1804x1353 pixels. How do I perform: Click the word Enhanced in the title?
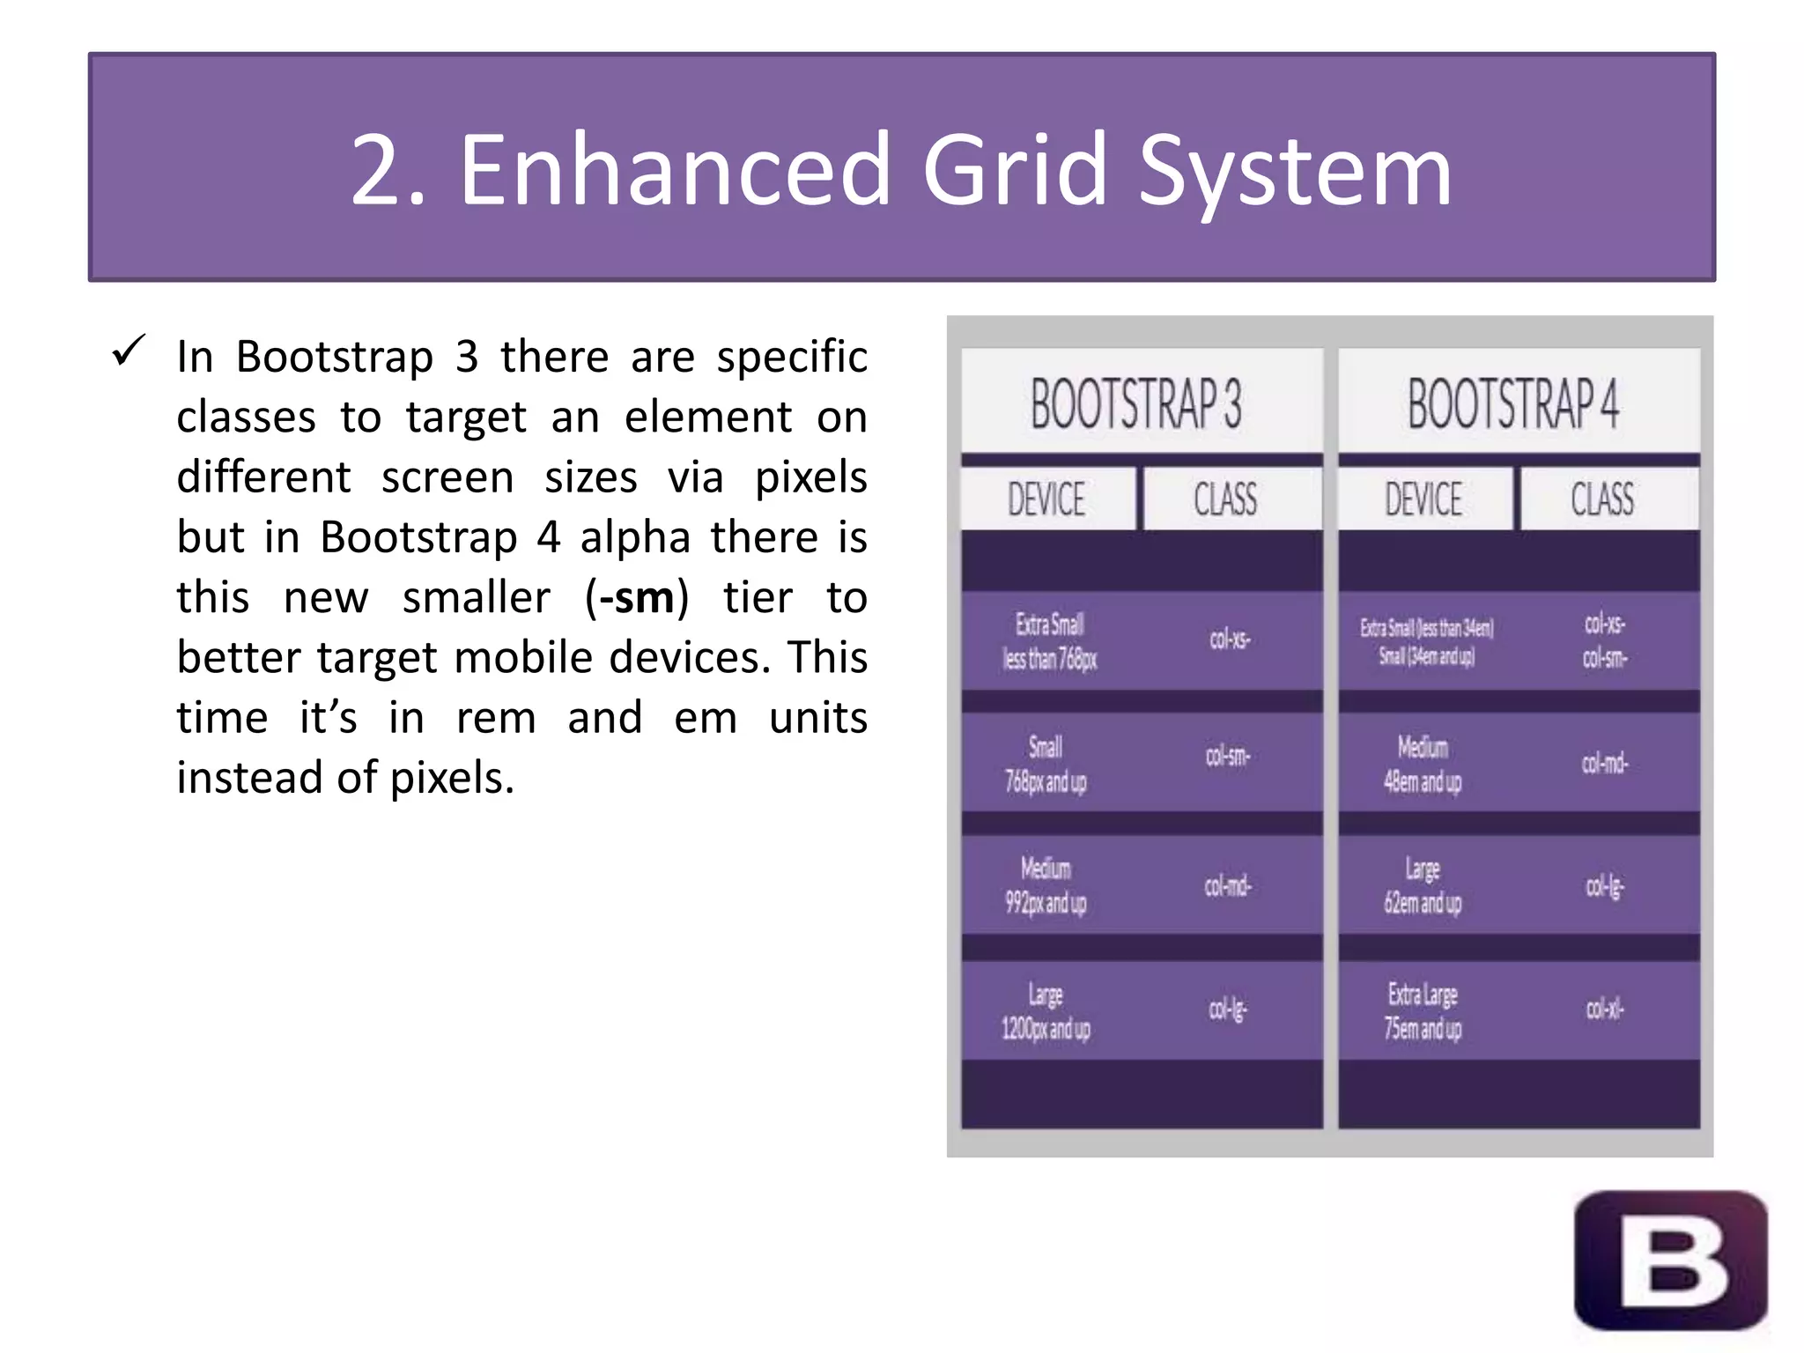click(675, 169)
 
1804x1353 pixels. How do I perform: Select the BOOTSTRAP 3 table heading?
click(1136, 403)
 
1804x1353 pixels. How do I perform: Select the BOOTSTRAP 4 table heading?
click(1513, 403)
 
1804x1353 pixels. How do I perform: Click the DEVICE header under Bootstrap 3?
click(1046, 499)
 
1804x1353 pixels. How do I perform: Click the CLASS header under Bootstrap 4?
click(1602, 499)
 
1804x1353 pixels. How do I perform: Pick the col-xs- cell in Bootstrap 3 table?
click(1230, 640)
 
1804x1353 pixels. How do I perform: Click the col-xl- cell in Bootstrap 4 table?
click(1605, 1009)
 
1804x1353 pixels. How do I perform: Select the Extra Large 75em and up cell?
click(1423, 1011)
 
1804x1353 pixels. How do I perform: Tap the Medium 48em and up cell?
click(1423, 764)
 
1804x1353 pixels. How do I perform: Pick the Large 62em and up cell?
click(1423, 886)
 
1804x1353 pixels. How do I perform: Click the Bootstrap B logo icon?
click(1671, 1261)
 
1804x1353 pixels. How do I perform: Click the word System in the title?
click(1295, 169)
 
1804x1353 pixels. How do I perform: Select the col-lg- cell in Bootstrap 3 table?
click(1228, 1009)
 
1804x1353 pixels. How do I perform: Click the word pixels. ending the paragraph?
click(452, 779)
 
